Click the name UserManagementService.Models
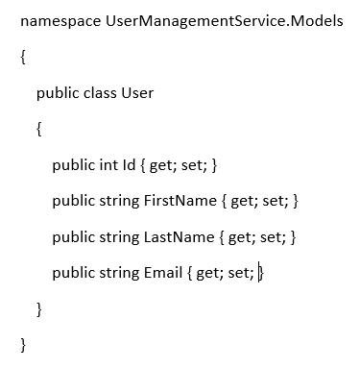[225, 20]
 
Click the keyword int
[107, 165]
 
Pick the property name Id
[130, 165]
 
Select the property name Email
[162, 273]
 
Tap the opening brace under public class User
[39, 129]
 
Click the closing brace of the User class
[39, 308]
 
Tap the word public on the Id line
[73, 165]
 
